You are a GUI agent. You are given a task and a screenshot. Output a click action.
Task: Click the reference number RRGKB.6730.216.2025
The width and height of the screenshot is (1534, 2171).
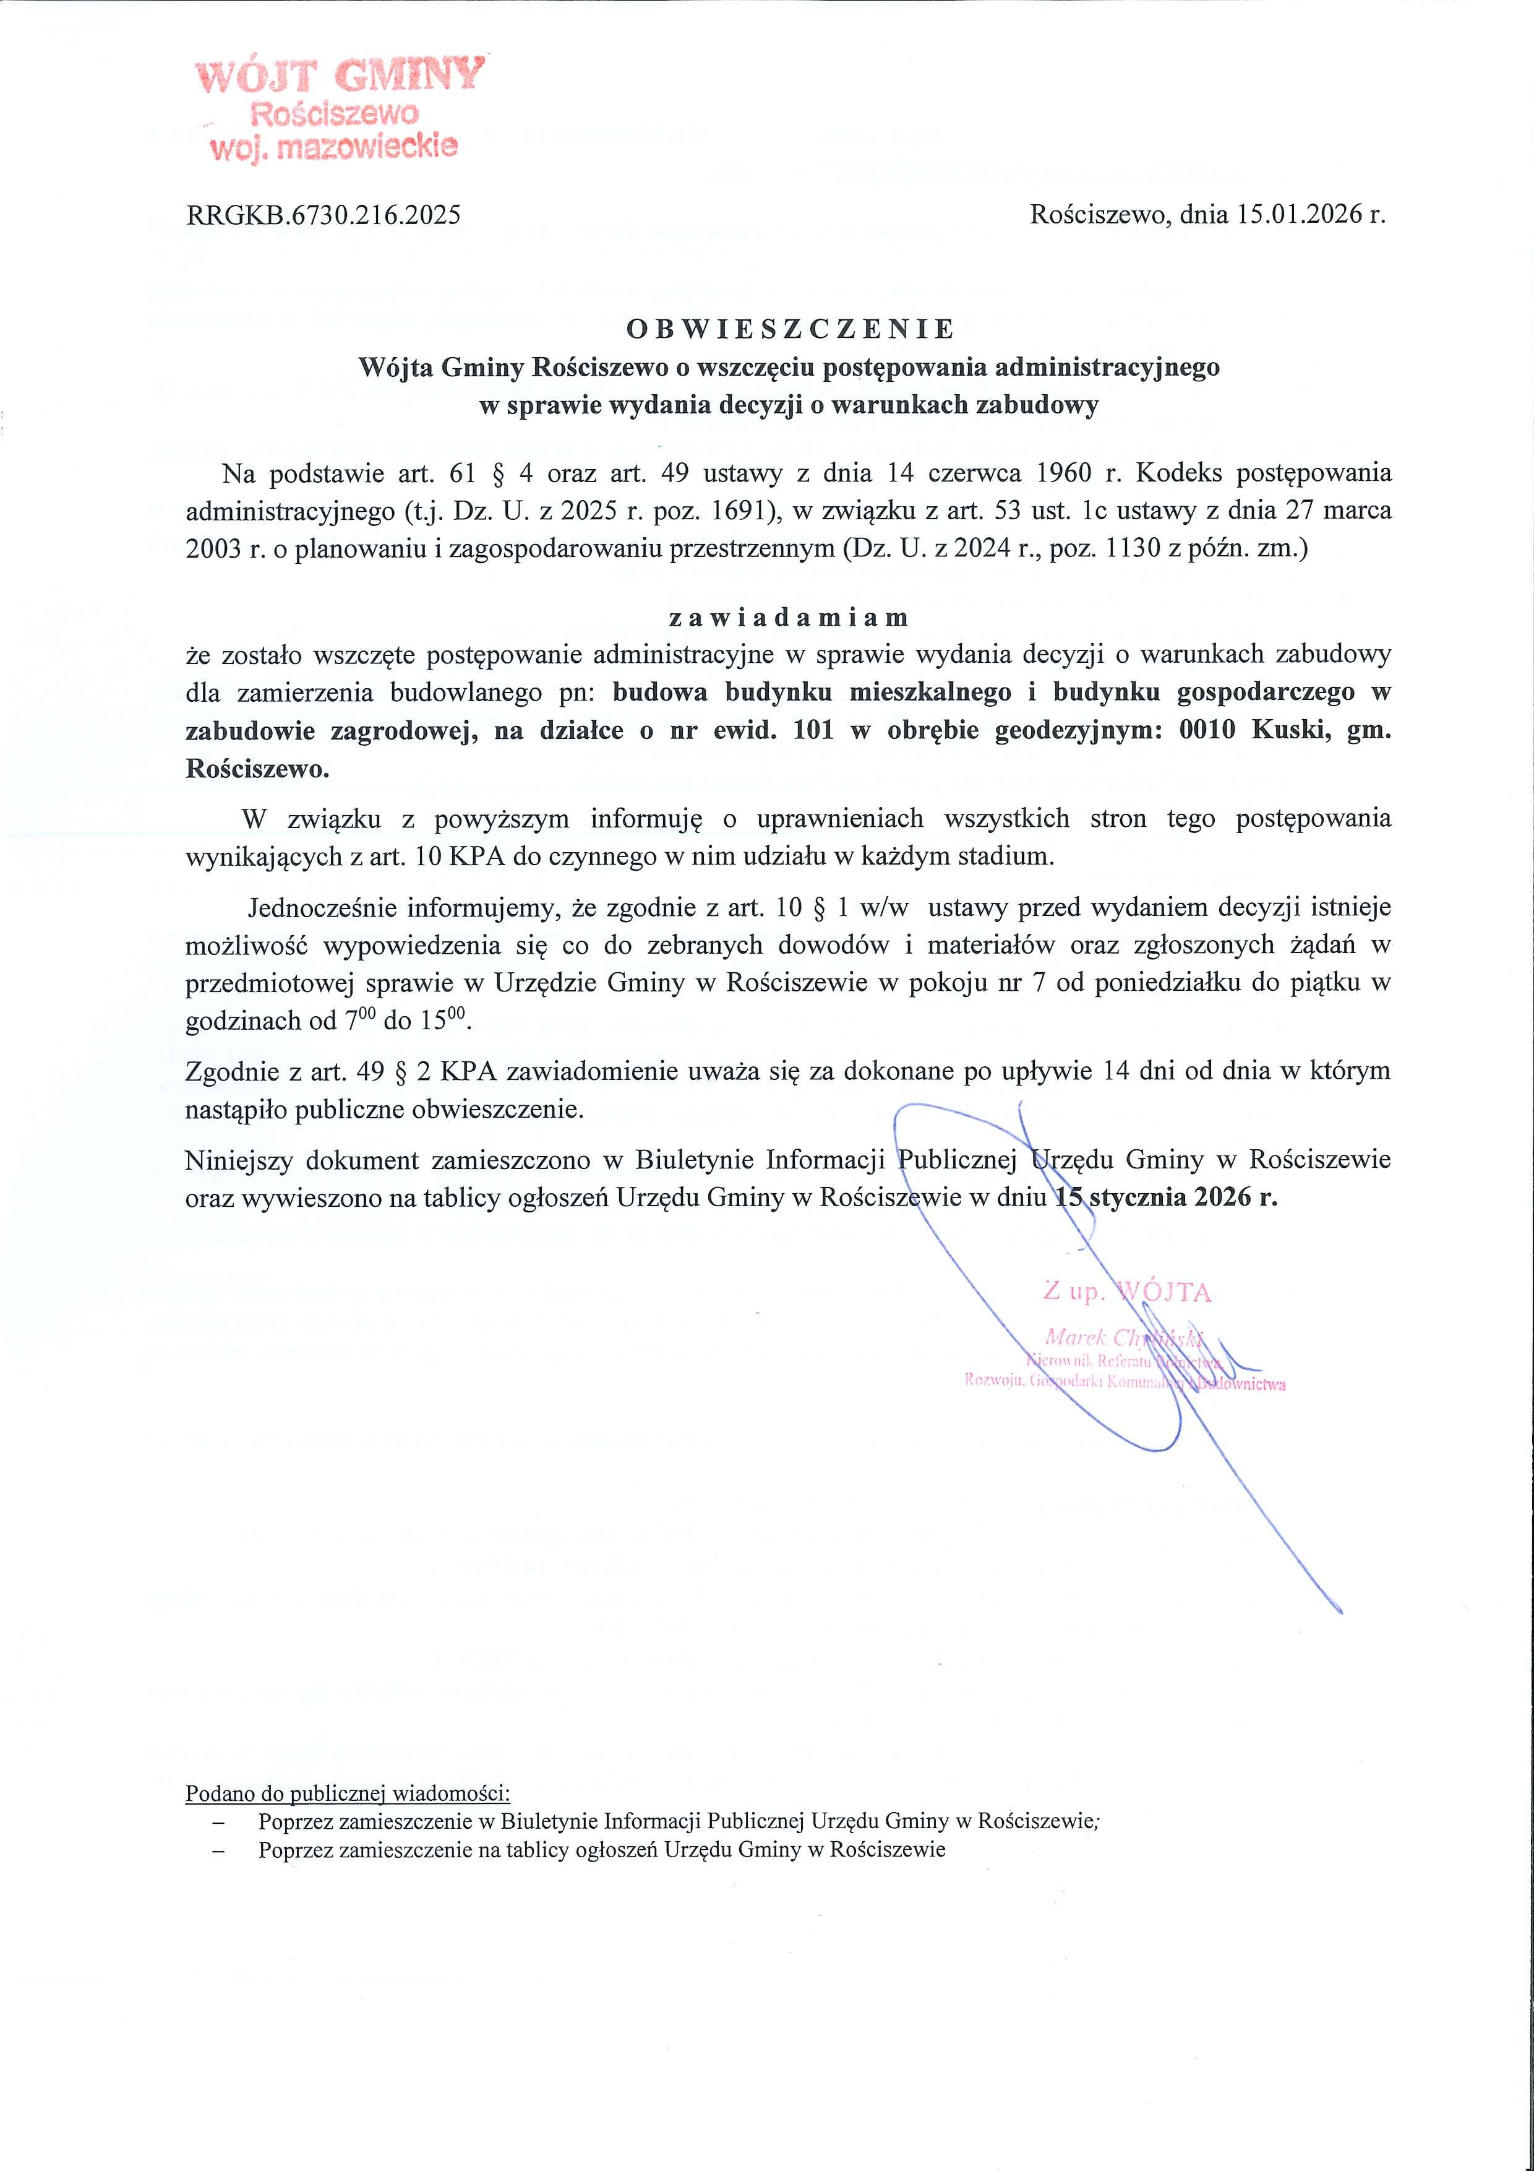pyautogui.click(x=324, y=215)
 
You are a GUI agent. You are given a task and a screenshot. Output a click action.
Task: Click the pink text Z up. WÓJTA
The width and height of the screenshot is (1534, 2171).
pyautogui.click(x=1126, y=1292)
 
